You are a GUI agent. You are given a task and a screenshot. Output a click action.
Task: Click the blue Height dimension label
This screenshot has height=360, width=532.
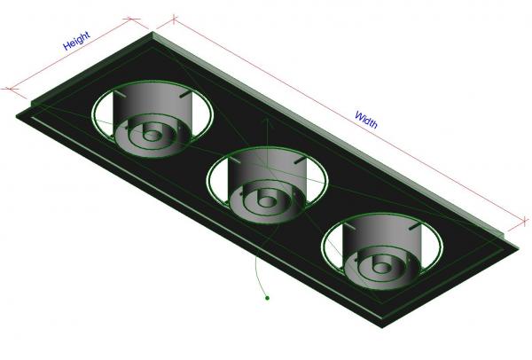tap(76, 41)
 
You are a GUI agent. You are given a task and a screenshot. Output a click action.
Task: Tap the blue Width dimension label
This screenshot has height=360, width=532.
tap(366, 119)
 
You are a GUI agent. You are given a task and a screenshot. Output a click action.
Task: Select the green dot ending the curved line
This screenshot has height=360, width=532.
tap(267, 300)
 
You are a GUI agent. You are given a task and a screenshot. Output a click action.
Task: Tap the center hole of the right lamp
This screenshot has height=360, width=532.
tap(381, 264)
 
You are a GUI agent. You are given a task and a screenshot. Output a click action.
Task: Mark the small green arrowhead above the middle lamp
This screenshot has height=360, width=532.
tap(263, 118)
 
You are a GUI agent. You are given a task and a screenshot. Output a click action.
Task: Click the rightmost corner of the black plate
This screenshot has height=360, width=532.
tap(513, 234)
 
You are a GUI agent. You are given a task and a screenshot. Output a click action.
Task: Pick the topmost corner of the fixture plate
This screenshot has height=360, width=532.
tap(156, 35)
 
